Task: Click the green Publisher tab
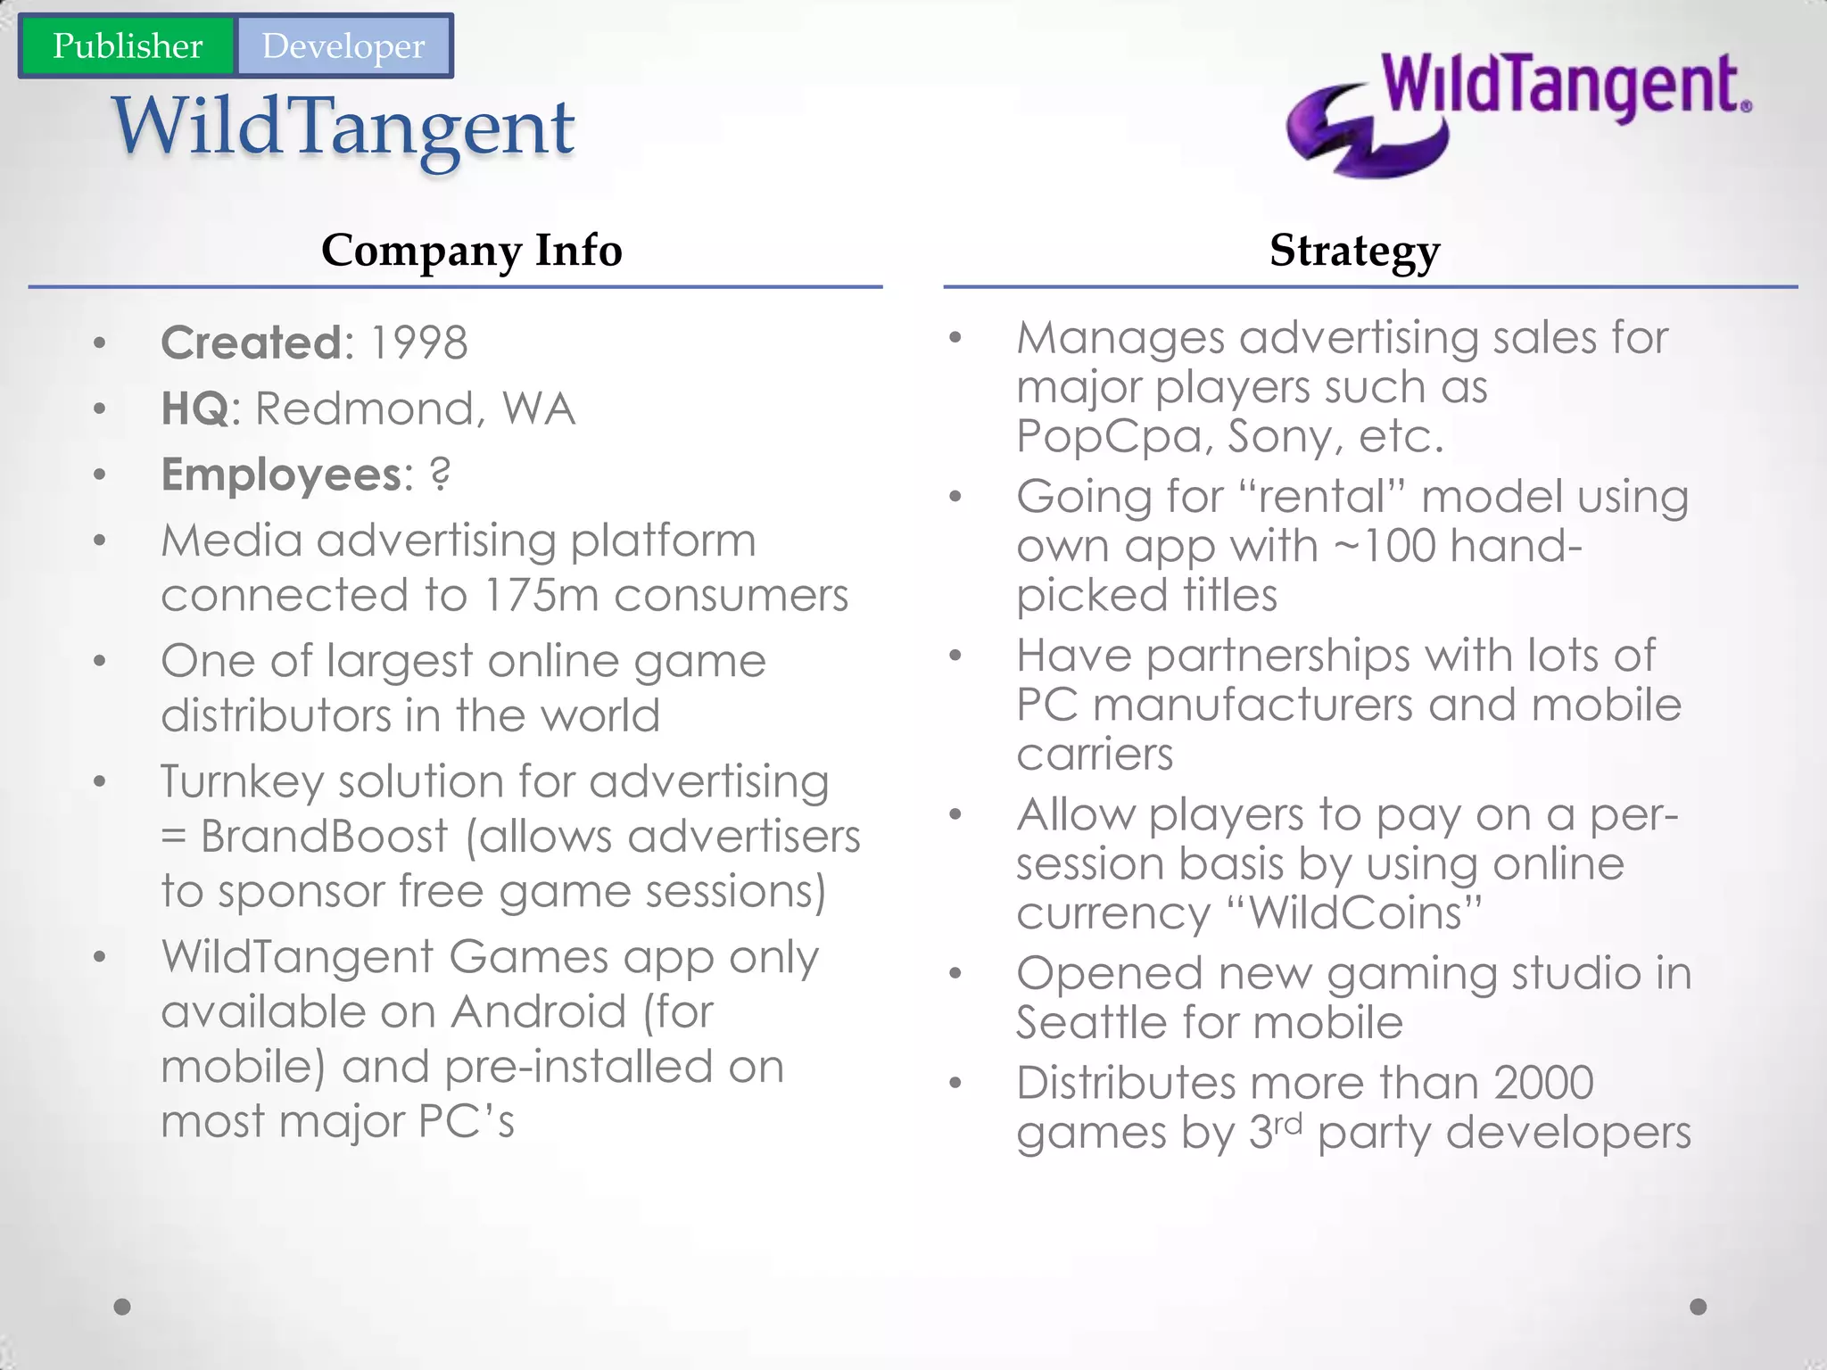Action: [x=127, y=45]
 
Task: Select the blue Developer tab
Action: [x=343, y=45]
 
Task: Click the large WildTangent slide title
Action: [x=343, y=127]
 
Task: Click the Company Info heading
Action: [x=471, y=250]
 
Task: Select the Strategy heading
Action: [x=1354, y=250]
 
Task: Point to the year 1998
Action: [x=418, y=342]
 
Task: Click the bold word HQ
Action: [x=194, y=409]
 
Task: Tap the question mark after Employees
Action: [x=440, y=474]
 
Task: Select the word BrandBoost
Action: [x=324, y=837]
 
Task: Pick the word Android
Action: [x=538, y=1011]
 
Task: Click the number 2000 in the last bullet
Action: [x=1543, y=1083]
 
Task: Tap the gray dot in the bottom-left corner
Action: [x=123, y=1307]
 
